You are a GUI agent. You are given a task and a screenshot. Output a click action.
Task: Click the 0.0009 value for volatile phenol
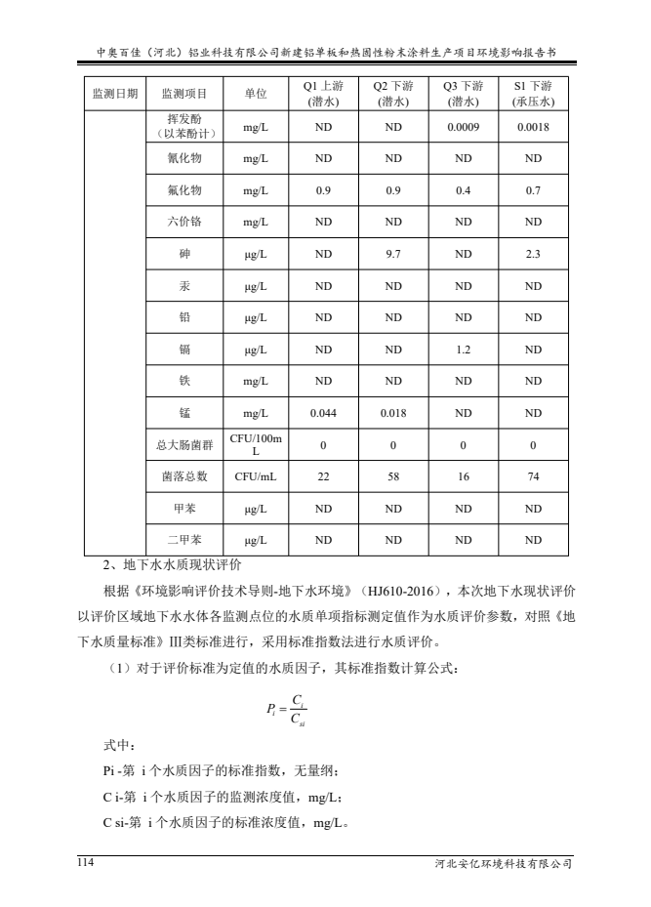(x=464, y=126)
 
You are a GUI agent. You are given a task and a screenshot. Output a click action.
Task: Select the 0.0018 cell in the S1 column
(x=533, y=126)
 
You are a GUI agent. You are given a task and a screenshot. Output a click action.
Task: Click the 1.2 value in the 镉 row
(x=464, y=349)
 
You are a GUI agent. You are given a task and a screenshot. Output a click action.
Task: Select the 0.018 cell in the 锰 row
(x=395, y=413)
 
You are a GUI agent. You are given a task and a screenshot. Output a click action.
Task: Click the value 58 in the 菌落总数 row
(x=395, y=476)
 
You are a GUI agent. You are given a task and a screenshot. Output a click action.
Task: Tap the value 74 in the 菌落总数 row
(x=533, y=476)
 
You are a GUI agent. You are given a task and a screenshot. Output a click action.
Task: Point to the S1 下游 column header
(x=533, y=94)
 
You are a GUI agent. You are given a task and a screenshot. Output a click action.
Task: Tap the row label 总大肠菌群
(x=184, y=445)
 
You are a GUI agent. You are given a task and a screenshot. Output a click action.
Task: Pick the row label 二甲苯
(x=184, y=540)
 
